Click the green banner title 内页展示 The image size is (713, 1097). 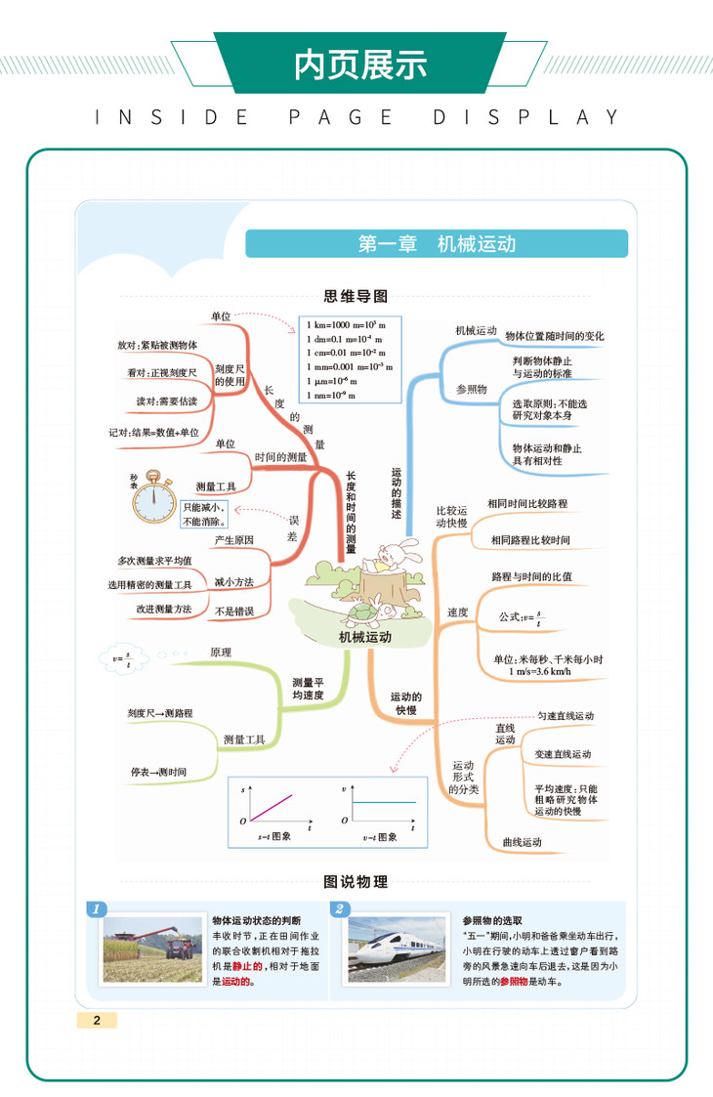[x=360, y=64]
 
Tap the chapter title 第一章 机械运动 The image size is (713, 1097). [x=437, y=243]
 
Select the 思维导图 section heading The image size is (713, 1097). [x=356, y=296]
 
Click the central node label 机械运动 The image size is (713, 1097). [x=364, y=637]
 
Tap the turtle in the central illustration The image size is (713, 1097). [x=365, y=612]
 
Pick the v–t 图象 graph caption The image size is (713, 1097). [x=379, y=837]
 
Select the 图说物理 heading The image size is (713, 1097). [x=356, y=882]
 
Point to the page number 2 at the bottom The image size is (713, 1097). [x=97, y=1020]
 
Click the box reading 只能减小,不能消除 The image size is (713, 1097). [x=203, y=514]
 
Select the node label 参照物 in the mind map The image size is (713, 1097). [x=471, y=389]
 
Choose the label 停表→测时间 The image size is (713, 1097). [x=158, y=772]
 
